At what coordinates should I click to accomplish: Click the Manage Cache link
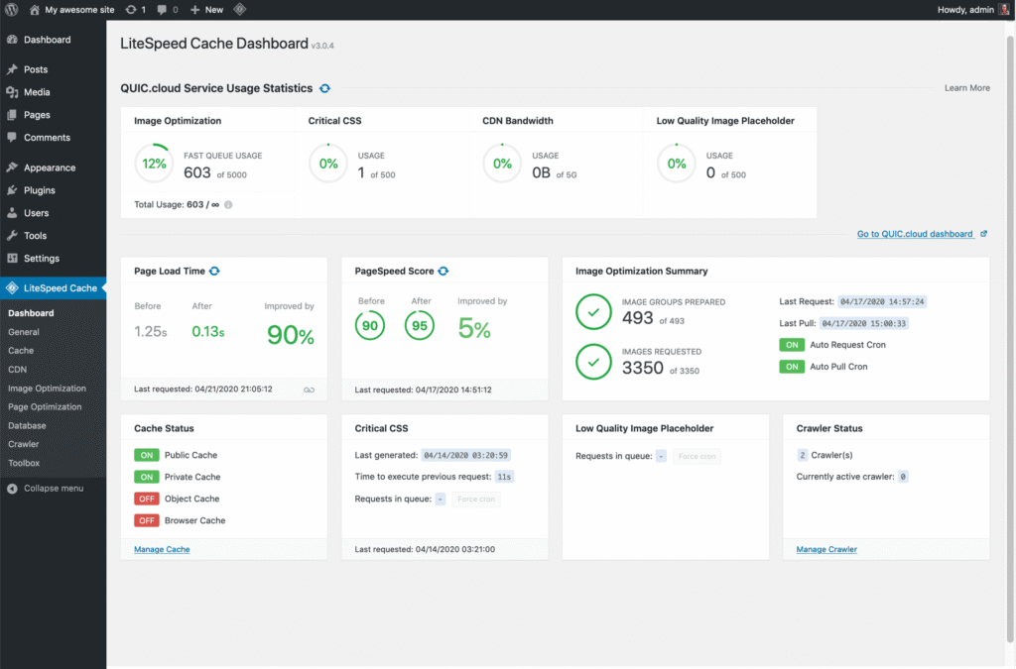click(x=162, y=549)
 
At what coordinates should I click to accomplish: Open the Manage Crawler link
click(x=826, y=549)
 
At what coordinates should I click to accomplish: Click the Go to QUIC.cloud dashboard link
click(x=914, y=234)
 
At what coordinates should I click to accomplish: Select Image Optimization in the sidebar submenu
click(x=47, y=389)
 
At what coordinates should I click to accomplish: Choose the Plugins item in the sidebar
click(x=40, y=190)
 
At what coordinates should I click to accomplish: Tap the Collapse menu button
click(x=53, y=489)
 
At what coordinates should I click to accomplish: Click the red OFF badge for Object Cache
click(x=147, y=499)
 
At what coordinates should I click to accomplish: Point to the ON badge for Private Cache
click(x=147, y=477)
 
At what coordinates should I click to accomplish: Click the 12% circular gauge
click(x=154, y=164)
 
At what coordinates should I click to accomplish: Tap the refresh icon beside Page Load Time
click(x=214, y=271)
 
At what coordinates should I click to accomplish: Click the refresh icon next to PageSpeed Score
click(x=444, y=271)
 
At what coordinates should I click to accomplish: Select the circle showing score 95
click(x=421, y=325)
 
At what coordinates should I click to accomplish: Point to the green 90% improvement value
click(x=291, y=335)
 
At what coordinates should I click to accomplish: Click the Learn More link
click(x=966, y=88)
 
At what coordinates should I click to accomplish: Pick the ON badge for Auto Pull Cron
click(x=792, y=367)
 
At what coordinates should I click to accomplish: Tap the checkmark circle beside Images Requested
click(x=593, y=363)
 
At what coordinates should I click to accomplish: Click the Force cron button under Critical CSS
click(x=476, y=500)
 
